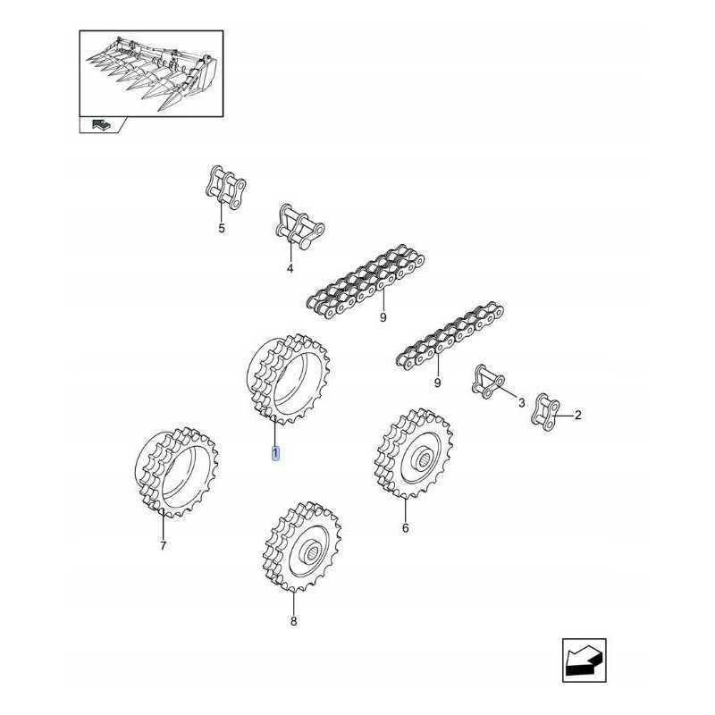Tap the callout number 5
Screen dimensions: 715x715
[x=222, y=229]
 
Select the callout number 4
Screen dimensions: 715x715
[x=289, y=268]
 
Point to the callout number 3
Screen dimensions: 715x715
[x=522, y=404]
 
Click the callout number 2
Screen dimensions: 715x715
[x=577, y=415]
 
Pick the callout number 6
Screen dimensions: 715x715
[x=405, y=528]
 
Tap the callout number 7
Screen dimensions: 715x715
[x=163, y=546]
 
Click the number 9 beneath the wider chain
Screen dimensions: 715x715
[x=383, y=316]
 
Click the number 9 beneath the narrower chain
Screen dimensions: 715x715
[x=437, y=383]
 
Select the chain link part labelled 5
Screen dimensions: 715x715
[x=222, y=187]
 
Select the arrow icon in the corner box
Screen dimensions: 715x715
[x=584, y=662]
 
